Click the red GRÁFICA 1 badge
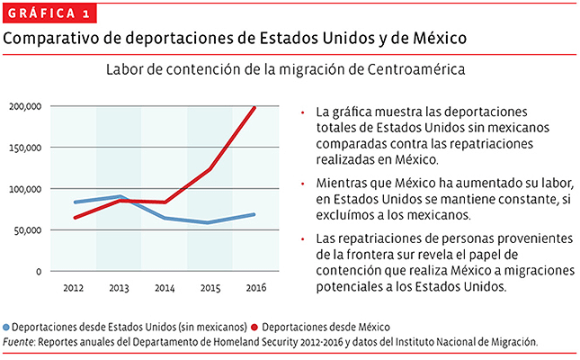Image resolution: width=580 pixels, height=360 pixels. tap(49, 13)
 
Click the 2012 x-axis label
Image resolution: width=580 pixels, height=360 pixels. tap(74, 287)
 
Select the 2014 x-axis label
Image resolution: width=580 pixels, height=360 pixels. tap(164, 287)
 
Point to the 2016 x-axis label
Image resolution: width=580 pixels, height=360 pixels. tap(254, 287)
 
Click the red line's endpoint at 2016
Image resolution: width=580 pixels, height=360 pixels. tap(254, 108)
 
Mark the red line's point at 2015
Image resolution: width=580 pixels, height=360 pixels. tap(210, 169)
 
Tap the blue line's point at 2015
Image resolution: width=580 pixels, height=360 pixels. tap(210, 222)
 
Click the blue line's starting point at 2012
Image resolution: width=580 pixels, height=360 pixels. tap(75, 202)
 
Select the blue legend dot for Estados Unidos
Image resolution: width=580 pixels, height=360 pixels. tap(7, 328)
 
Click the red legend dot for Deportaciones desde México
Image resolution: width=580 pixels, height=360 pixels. tap(255, 328)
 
